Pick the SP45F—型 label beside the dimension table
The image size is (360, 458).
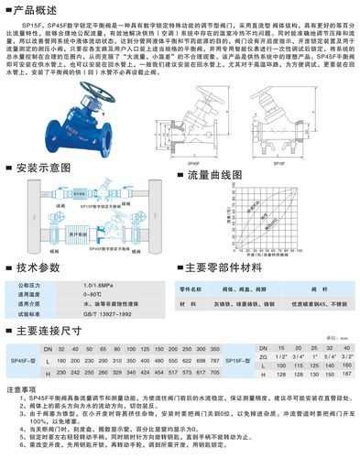click(24, 362)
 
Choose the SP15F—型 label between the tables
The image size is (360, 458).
click(241, 362)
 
